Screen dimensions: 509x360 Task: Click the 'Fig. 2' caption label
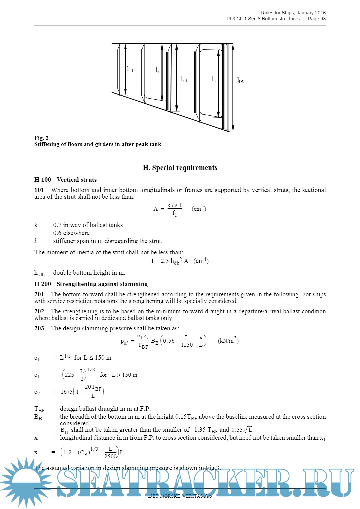(41, 138)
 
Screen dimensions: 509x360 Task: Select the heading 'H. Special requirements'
(180, 168)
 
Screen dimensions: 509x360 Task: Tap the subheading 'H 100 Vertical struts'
(65, 180)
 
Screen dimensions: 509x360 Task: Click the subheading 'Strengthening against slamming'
(102, 284)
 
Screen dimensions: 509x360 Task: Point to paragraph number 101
(39, 190)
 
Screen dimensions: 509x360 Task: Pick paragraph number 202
(39, 311)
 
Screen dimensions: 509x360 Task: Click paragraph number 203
(39, 328)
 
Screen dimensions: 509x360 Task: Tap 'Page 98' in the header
(317, 19)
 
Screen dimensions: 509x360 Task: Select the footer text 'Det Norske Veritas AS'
(180, 496)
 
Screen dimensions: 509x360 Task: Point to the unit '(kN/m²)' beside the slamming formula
(228, 340)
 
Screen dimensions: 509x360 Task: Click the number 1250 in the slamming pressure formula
(187, 345)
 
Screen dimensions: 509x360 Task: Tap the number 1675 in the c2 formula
(66, 392)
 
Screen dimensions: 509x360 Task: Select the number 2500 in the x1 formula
(110, 456)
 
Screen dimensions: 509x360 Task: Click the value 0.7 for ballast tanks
(57, 225)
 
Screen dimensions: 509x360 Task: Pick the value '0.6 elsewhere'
(71, 233)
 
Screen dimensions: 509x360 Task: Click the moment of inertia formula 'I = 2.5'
(160, 261)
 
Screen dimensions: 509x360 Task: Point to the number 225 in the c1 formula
(69, 375)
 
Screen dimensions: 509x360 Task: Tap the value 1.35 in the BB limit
(200, 430)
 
